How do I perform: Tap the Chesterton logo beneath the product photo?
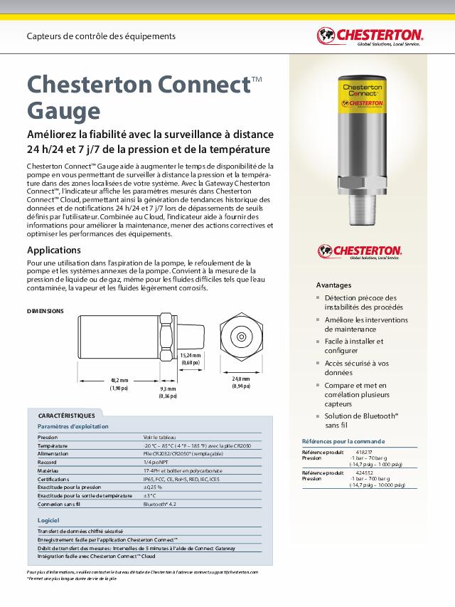pyautogui.click(x=360, y=251)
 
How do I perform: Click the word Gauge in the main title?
pyautogui.click(x=63, y=110)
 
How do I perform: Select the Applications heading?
pyautogui.click(x=54, y=250)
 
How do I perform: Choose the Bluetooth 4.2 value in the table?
pyautogui.click(x=161, y=504)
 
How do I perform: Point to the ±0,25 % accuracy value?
pyautogui.click(x=153, y=487)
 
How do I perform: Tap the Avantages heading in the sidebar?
pyautogui.click(x=333, y=284)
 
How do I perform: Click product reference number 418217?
pyautogui.click(x=363, y=452)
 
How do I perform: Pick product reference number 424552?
pyautogui.click(x=363, y=473)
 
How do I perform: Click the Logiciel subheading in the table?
pyautogui.click(x=48, y=521)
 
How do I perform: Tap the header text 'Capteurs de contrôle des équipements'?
pyautogui.click(x=100, y=36)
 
